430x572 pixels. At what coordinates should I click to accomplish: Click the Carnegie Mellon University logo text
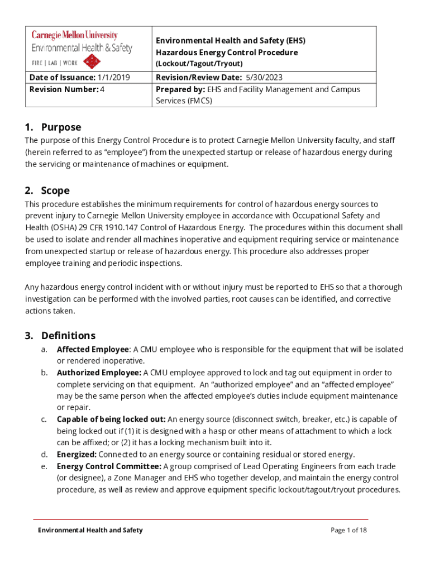(82, 36)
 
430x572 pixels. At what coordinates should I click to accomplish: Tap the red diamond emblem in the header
(91, 61)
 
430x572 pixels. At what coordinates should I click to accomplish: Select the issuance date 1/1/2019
(113, 78)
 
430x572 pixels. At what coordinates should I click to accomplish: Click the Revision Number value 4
(102, 89)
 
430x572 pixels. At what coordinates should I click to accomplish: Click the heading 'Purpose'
(61, 127)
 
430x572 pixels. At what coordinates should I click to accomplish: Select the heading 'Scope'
(55, 190)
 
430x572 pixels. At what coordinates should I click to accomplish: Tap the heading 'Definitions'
(68, 336)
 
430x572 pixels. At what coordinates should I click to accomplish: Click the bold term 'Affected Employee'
(93, 349)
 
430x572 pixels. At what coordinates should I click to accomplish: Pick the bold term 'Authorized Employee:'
(99, 373)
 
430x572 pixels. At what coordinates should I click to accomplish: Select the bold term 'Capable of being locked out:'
(111, 420)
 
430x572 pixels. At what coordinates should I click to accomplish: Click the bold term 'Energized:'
(77, 455)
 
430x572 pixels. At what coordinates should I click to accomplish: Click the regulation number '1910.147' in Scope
(113, 227)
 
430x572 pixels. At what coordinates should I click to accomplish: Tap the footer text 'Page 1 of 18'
(348, 530)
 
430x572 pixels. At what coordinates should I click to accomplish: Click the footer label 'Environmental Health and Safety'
(90, 530)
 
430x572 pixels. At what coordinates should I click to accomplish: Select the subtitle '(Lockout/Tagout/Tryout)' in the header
(199, 64)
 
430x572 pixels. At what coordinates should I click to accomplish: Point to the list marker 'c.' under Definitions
(44, 420)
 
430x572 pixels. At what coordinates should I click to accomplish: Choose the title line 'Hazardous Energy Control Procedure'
(226, 53)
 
